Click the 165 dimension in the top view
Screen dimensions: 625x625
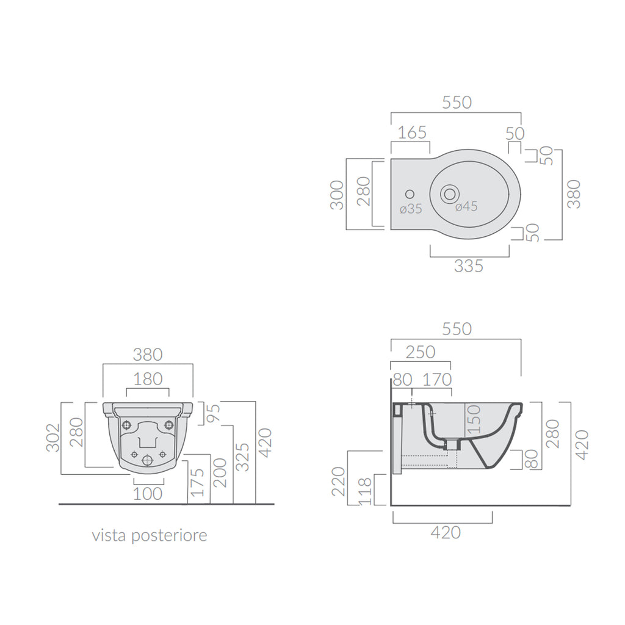[412, 132]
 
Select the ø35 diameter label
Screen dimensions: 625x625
[411, 209]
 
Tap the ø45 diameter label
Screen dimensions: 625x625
[466, 207]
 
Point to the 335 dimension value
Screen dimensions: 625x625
[469, 266]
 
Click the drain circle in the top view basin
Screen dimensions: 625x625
[450, 193]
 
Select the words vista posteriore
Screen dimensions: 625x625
[150, 536]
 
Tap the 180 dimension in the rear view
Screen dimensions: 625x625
[148, 379]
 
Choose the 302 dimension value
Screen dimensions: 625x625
[54, 438]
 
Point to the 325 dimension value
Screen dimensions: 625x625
[242, 456]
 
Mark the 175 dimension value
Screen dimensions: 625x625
[196, 482]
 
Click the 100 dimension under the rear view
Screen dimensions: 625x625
[148, 493]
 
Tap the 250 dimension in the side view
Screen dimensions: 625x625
[421, 352]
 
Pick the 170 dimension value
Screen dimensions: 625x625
[436, 380]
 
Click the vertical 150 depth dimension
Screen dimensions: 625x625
[474, 419]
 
